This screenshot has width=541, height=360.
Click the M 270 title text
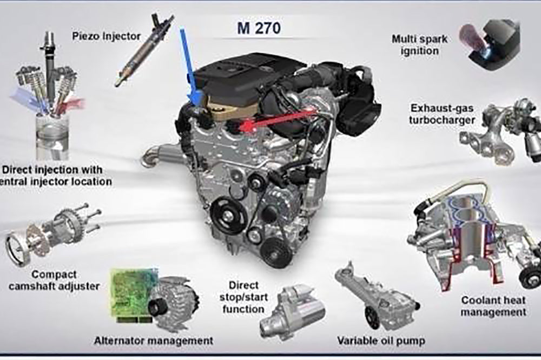259,28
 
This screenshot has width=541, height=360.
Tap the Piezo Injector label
106,36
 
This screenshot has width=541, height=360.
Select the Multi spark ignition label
420,45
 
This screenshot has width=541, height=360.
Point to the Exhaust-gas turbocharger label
442,114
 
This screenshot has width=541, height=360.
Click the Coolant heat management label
493,306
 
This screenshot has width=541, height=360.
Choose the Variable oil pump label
381,341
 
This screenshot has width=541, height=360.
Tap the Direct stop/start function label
243,297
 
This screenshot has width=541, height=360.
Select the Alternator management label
154,341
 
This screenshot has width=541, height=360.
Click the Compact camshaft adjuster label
54,280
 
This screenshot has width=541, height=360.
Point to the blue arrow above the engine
190,65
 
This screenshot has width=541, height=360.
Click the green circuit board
133,296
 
